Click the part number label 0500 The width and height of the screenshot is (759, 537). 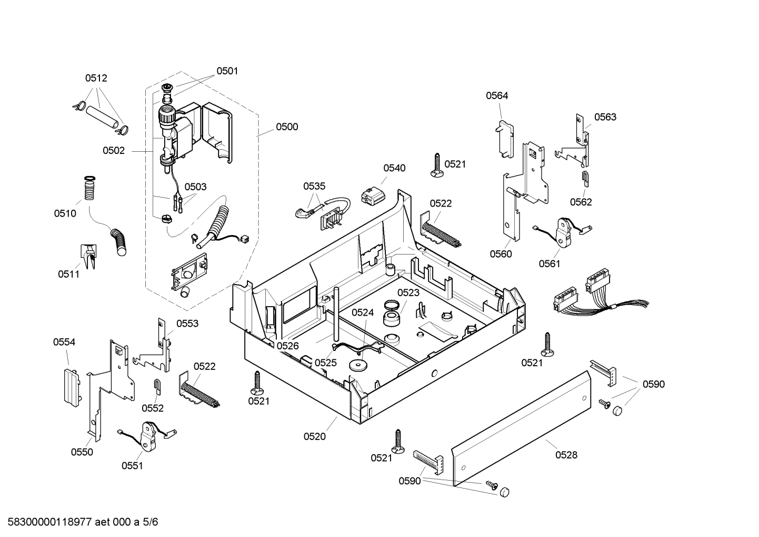tap(287, 126)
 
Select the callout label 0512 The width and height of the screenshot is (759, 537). tap(96, 78)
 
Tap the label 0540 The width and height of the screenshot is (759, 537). tap(394, 168)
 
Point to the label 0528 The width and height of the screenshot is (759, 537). tap(566, 455)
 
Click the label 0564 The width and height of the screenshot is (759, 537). tap(497, 95)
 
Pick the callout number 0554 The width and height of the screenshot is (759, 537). tap(64, 342)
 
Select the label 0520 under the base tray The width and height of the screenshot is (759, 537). tap(314, 436)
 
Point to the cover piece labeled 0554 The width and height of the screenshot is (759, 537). tap(70, 387)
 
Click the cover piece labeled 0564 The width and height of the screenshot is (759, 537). tap(505, 139)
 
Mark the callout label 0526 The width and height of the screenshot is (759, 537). tap(287, 346)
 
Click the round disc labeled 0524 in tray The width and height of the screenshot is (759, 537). tap(358, 365)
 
